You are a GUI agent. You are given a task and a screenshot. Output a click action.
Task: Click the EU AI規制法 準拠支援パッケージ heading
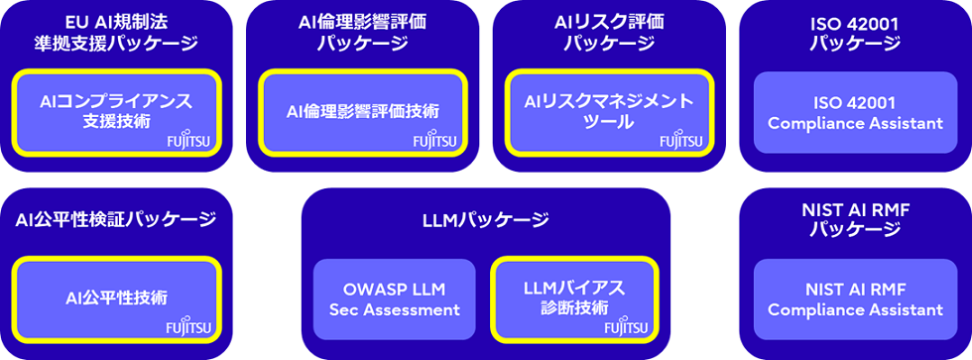tap(115, 32)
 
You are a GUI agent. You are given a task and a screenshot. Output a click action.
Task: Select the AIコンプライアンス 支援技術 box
tap(115, 110)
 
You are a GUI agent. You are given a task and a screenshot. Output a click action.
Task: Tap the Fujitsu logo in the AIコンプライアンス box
tap(186, 142)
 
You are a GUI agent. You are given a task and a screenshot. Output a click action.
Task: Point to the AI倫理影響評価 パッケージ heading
tap(362, 32)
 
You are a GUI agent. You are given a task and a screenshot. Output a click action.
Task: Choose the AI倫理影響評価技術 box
tap(362, 110)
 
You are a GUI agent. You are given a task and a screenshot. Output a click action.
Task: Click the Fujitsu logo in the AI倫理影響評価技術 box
tap(433, 142)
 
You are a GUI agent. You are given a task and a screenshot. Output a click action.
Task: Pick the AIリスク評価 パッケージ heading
tap(609, 32)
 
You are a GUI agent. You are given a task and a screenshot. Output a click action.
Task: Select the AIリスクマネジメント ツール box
tap(609, 110)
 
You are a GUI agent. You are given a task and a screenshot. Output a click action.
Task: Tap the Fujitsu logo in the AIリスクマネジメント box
tap(680, 142)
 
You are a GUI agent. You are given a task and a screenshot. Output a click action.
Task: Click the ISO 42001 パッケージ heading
tap(855, 32)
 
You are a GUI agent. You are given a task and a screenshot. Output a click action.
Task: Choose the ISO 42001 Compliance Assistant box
tap(855, 112)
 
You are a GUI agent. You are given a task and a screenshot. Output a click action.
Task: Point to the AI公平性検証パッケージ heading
tap(115, 219)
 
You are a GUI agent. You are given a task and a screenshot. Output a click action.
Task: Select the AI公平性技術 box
tap(115, 298)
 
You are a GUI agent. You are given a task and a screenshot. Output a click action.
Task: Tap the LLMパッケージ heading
tap(485, 218)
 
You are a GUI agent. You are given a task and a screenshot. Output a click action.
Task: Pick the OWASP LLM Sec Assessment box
tap(395, 298)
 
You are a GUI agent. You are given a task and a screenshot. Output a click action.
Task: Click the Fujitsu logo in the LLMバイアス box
tap(625, 326)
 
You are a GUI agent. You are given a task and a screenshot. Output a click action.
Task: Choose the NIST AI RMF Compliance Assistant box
tap(855, 299)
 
